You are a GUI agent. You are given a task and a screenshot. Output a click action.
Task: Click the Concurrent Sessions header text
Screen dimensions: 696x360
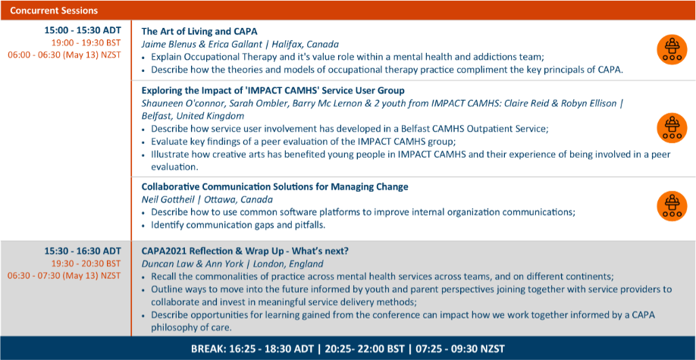[54, 10]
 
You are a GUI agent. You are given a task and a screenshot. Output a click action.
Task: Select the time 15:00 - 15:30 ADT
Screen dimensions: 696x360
[83, 31]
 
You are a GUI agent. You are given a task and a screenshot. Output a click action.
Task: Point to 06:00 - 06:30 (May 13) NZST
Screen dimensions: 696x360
[64, 55]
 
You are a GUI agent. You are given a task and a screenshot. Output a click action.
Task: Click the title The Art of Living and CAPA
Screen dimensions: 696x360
[199, 32]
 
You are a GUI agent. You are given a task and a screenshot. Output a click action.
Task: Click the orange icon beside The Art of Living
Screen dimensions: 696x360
[672, 50]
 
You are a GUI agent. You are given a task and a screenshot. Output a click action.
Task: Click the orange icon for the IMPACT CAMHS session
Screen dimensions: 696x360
[672, 128]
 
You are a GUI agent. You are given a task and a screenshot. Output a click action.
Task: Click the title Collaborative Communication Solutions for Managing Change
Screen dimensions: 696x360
[274, 187]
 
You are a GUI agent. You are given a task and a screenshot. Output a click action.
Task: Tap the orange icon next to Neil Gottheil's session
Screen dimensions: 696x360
[672, 206]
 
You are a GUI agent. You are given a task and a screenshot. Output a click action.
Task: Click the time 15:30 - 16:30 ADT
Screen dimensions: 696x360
[83, 251]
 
